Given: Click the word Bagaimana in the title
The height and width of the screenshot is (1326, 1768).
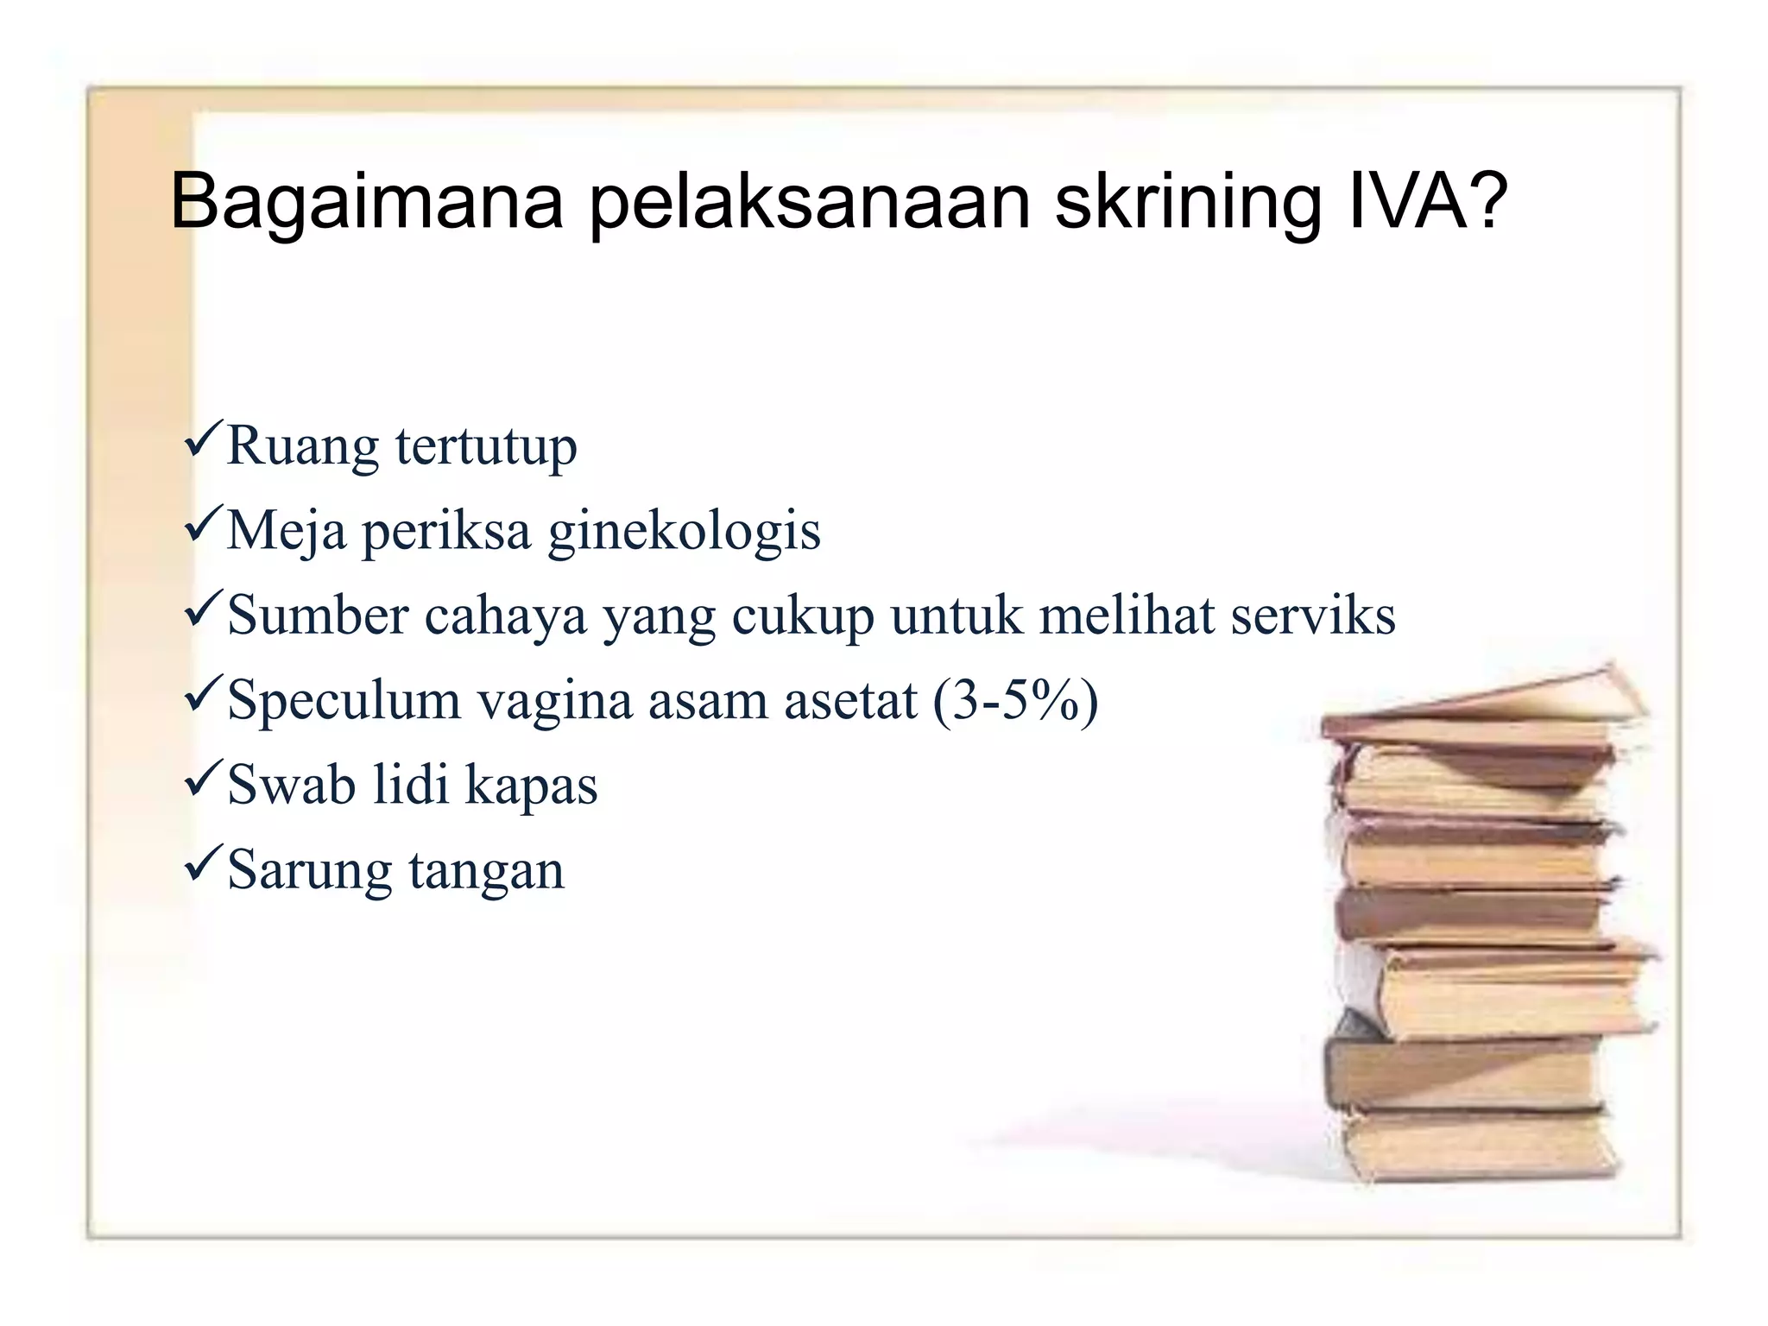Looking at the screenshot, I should pos(367,203).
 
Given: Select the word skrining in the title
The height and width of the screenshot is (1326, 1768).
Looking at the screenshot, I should pos(1188,203).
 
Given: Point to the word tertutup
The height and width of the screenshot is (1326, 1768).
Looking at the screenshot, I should pos(486,447).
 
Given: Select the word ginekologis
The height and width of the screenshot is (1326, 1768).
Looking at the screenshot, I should pos(685,532).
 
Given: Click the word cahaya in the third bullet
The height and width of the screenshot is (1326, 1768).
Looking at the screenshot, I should pos(505,616).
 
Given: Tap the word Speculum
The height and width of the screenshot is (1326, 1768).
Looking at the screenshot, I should pos(344,701).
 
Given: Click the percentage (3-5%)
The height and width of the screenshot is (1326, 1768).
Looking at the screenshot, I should pos(1015,701).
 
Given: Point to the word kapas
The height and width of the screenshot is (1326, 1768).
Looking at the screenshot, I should pos(531,786).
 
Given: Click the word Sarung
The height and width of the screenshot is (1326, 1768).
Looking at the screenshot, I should pos(309,870).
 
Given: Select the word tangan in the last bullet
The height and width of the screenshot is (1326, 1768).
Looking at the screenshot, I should pos(486,870).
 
